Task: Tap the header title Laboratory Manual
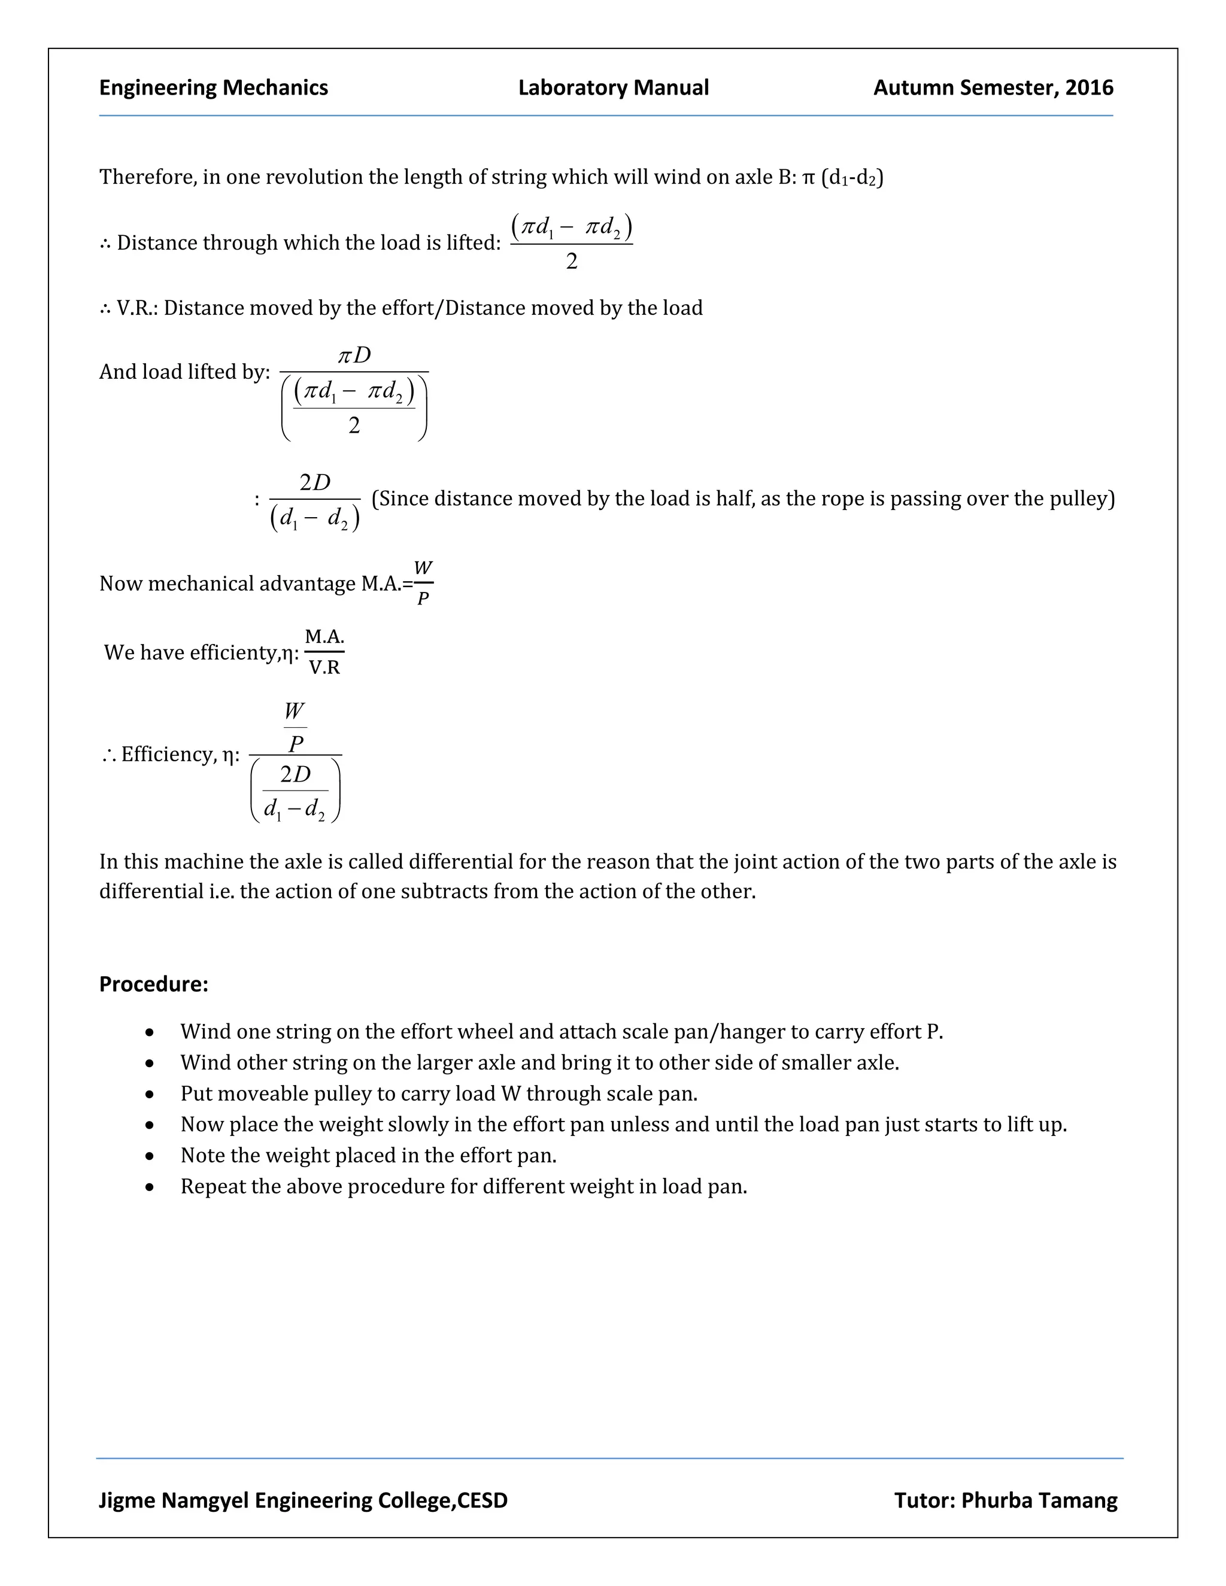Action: [613, 88]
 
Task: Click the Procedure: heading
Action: [153, 984]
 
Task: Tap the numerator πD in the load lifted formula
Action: [354, 355]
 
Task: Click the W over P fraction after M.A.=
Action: [423, 583]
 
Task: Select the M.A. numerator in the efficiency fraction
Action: [324, 637]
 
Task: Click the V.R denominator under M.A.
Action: [324, 667]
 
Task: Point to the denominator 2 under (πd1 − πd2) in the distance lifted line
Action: [572, 261]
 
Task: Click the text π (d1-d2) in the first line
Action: [842, 177]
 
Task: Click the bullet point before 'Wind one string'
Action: [150, 1032]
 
